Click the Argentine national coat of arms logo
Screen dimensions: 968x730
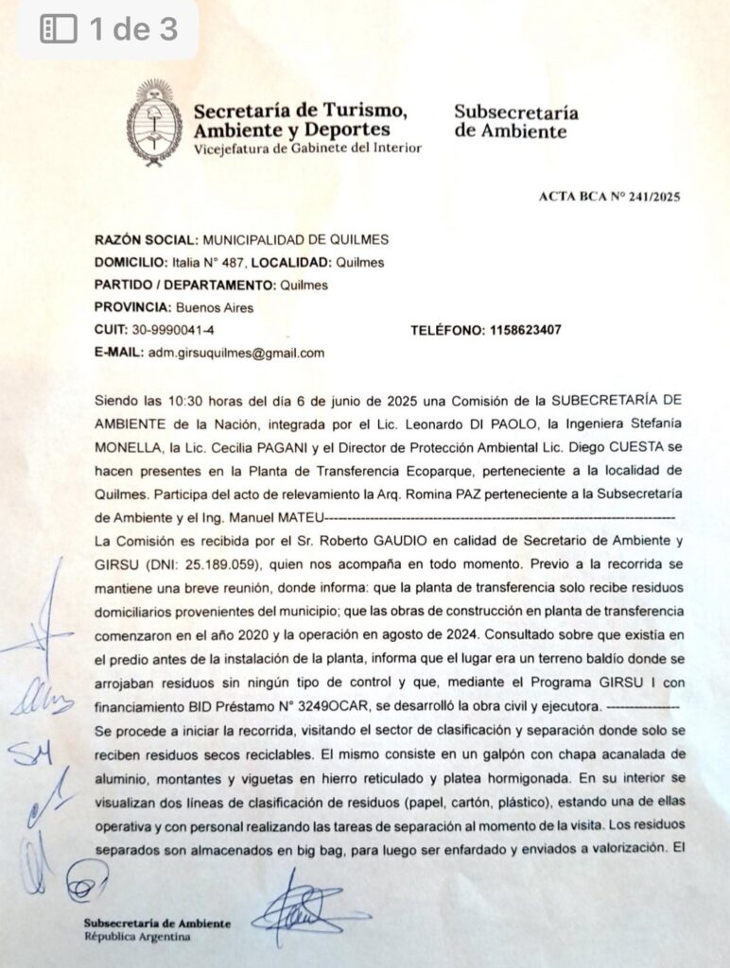point(154,123)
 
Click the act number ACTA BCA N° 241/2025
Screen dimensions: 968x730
point(609,197)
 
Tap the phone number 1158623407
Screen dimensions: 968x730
point(525,330)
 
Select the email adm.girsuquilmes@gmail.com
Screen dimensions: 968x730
point(236,353)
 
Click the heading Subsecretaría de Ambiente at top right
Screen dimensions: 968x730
point(515,122)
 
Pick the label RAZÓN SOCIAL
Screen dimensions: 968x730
point(147,240)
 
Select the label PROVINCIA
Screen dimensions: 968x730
point(130,307)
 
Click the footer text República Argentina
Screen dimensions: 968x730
point(137,937)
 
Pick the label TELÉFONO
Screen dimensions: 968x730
point(447,330)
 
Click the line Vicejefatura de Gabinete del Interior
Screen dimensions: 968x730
point(307,148)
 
